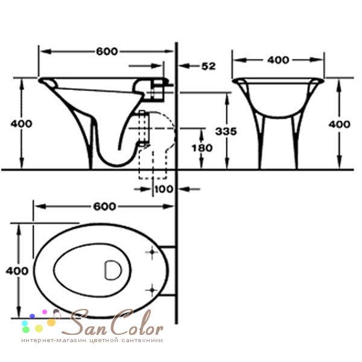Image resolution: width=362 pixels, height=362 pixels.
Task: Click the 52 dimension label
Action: (x=209, y=66)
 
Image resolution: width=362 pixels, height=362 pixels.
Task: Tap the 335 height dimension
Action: (x=226, y=132)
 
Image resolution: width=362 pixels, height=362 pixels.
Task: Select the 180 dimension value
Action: (x=202, y=148)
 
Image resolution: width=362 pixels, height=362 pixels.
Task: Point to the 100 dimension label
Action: (x=164, y=189)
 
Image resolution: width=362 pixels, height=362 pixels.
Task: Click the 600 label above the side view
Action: (x=107, y=51)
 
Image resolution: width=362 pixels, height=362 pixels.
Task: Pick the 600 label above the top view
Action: (x=104, y=206)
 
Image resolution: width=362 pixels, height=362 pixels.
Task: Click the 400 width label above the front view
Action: (x=278, y=60)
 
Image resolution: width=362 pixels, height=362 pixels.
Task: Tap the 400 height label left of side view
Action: (x=21, y=124)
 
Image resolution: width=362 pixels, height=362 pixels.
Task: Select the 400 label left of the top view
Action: (x=17, y=270)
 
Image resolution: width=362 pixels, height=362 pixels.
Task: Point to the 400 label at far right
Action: (x=340, y=124)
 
